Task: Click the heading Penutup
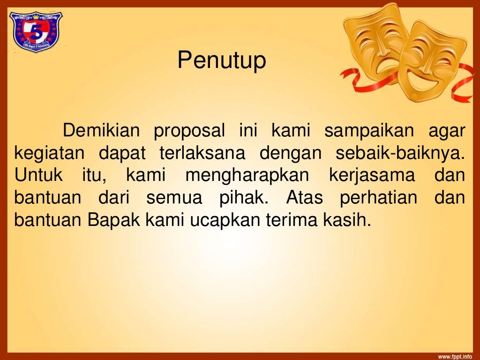[x=222, y=61]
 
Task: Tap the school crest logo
[x=36, y=32]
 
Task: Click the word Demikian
[x=101, y=131]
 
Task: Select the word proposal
[x=189, y=131]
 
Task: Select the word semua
[x=174, y=198]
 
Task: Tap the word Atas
[x=304, y=198]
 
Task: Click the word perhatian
[x=379, y=198]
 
